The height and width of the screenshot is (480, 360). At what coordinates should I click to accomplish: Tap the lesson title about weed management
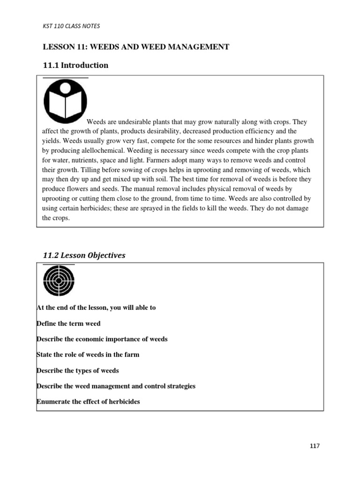tap(136, 46)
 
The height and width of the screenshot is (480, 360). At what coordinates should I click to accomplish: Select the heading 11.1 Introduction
tap(75, 65)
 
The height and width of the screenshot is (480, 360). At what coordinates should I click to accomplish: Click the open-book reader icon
tap(65, 101)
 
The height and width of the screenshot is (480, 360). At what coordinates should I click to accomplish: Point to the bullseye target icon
tap(59, 281)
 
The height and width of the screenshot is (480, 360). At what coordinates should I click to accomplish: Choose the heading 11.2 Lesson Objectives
tap(84, 255)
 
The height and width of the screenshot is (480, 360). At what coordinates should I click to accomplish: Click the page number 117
tap(315, 446)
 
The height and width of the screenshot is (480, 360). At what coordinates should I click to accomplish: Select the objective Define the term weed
tap(68, 323)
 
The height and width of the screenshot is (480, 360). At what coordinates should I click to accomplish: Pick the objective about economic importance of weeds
tap(102, 339)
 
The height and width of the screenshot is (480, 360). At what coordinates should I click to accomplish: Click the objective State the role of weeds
tap(88, 354)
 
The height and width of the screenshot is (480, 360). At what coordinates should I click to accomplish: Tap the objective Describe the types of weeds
tap(77, 370)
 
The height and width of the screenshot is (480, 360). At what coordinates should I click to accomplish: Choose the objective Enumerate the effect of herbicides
tap(88, 402)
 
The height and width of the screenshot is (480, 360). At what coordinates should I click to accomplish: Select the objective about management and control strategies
tap(116, 386)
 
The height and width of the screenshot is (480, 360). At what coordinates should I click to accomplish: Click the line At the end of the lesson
tap(96, 307)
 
